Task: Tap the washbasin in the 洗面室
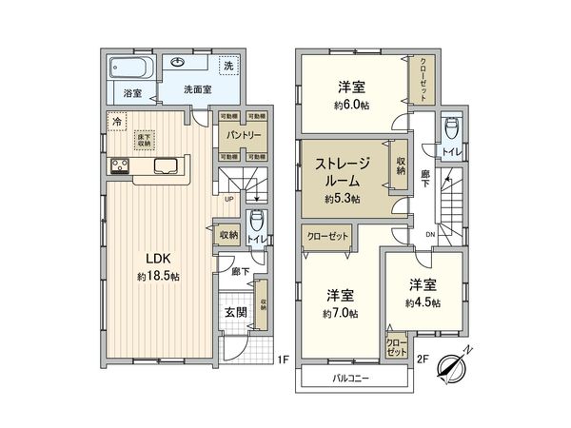pyautogui.click(x=181, y=64)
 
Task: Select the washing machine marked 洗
pyautogui.click(x=228, y=67)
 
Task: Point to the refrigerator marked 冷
pyautogui.click(x=116, y=122)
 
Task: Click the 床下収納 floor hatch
pyautogui.click(x=143, y=140)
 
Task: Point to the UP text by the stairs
pyautogui.click(x=229, y=199)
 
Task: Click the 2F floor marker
pyautogui.click(x=424, y=360)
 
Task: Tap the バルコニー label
pyautogui.click(x=351, y=378)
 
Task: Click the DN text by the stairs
pyautogui.click(x=431, y=236)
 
